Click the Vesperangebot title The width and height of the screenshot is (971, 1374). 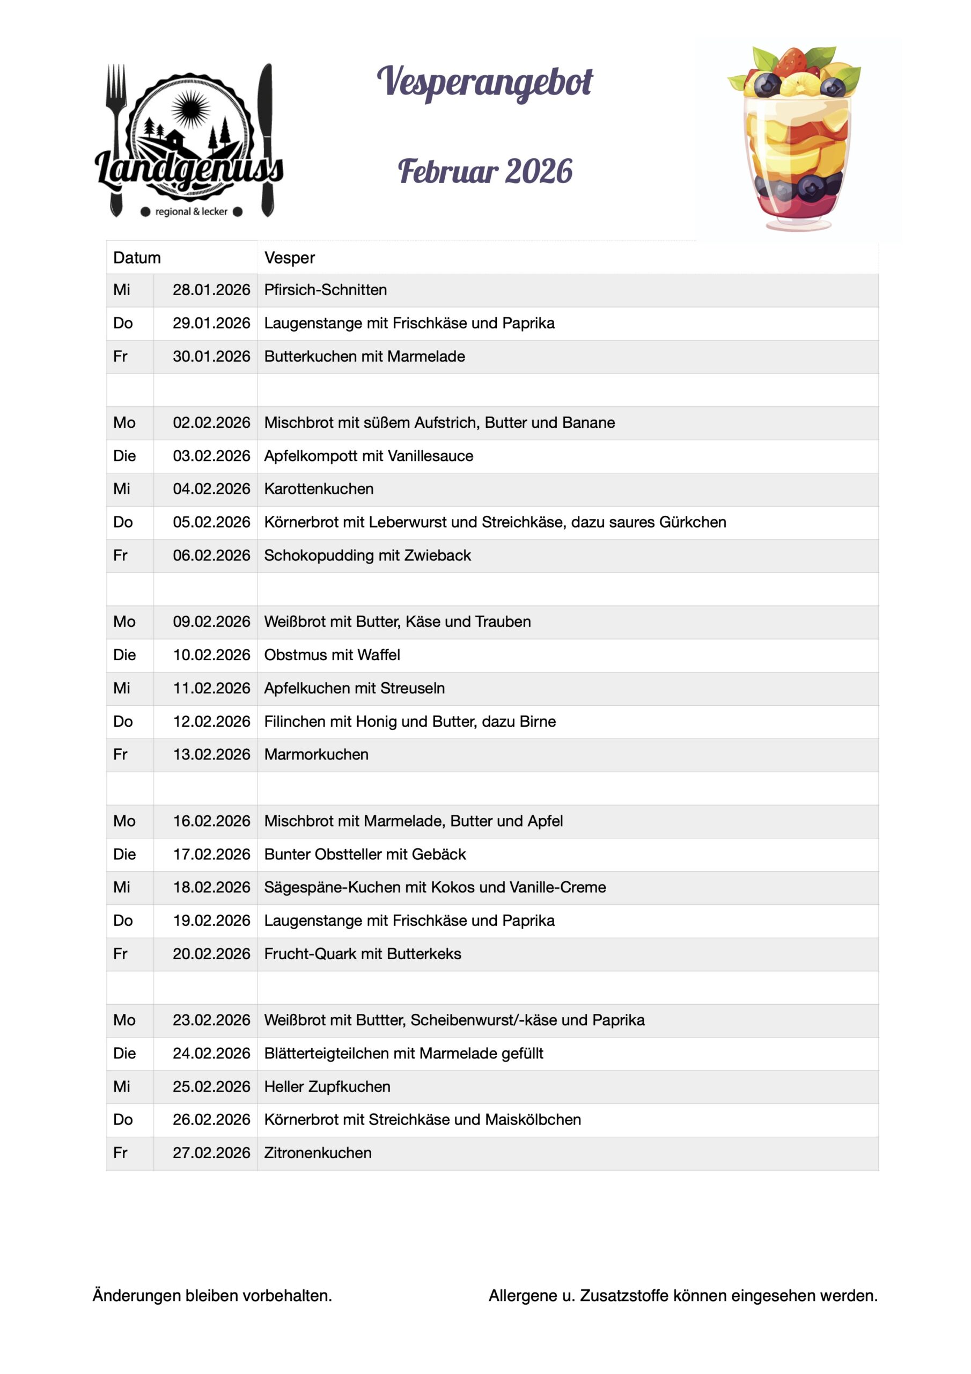(484, 83)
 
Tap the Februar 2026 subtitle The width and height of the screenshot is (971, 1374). (484, 172)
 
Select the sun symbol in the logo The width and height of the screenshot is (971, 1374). (190, 109)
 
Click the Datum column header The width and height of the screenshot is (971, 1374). (137, 258)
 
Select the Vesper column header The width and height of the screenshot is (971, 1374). (290, 258)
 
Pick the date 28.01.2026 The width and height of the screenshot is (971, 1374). (211, 290)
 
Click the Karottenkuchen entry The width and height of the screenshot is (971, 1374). (319, 489)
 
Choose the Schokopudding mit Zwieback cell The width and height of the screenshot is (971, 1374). (367, 556)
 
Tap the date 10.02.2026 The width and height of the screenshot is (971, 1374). (211, 655)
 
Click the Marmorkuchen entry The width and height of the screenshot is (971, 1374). (317, 755)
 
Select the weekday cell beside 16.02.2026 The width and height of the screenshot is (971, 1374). (124, 821)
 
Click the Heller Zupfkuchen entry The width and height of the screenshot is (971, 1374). (327, 1087)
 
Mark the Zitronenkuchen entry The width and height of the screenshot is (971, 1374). (318, 1153)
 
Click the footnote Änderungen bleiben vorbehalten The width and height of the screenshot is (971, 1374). (212, 1296)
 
